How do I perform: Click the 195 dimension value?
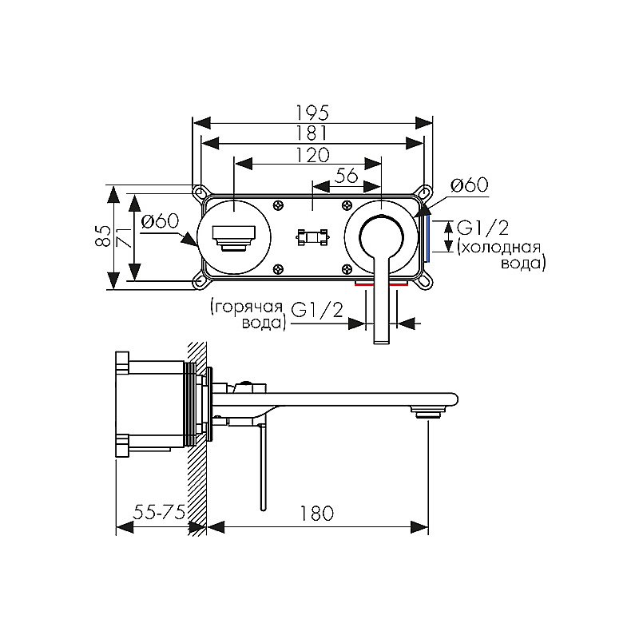pos(312,113)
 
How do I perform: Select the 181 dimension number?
pos(312,133)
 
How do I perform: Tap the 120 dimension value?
pos(312,155)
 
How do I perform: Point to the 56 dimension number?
pos(346,176)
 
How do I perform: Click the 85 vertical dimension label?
pos(104,236)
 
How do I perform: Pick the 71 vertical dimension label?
pos(124,236)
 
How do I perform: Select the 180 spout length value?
pos(316,514)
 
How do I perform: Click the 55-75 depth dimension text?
pos(159,512)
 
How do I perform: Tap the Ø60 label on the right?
pos(470,185)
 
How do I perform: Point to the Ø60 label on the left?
pos(160,221)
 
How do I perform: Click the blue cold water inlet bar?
pos(427,238)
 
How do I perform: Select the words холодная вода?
pos(502,255)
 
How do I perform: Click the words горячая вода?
pos(247,315)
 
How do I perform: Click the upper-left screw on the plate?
pos(279,205)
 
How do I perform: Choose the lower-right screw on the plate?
pos(347,268)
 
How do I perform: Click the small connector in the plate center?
pos(312,237)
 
